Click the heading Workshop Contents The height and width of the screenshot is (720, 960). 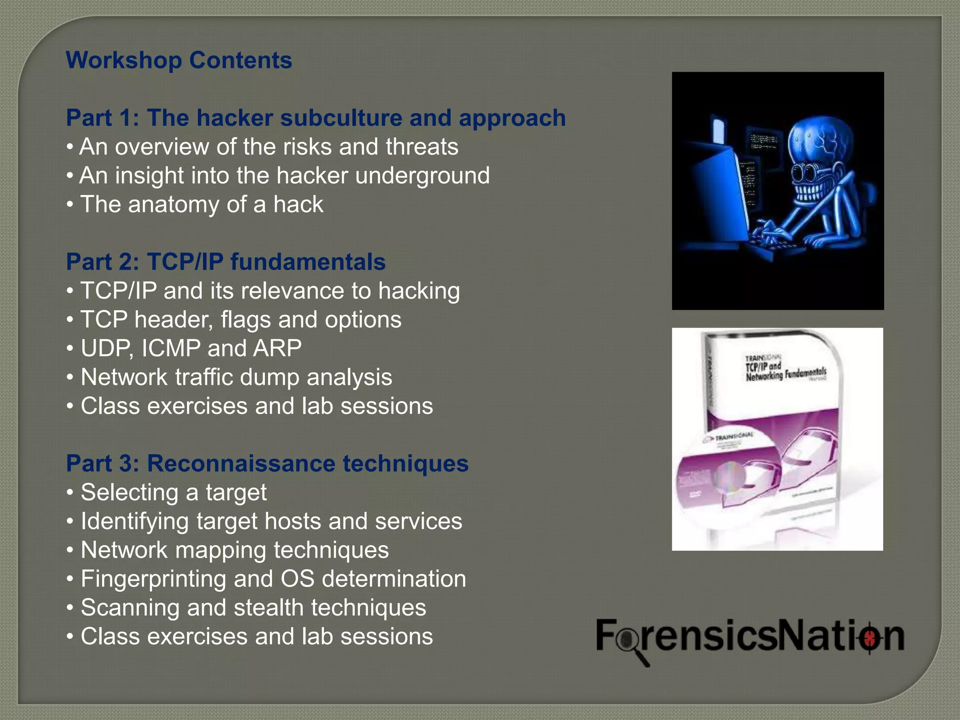coord(179,60)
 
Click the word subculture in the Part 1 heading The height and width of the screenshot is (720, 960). coord(341,118)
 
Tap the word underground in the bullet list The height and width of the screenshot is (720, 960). coord(422,176)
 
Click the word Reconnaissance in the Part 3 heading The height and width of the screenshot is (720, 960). coord(241,464)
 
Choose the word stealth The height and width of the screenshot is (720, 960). coord(269,608)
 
